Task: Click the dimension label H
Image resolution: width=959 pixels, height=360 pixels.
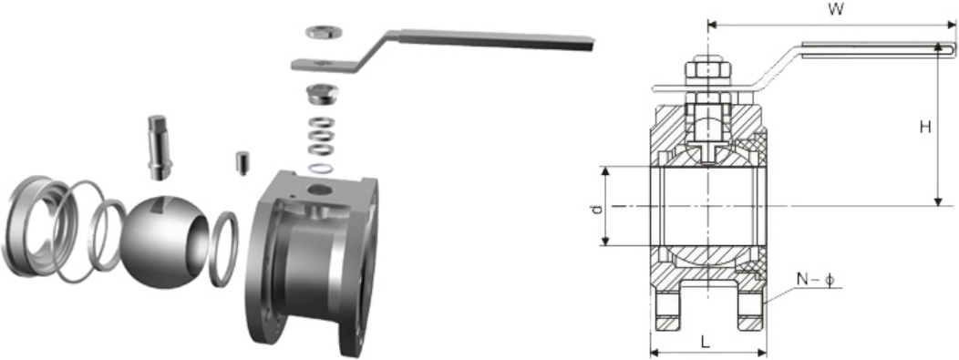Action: click(925, 127)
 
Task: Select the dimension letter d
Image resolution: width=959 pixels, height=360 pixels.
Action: click(598, 209)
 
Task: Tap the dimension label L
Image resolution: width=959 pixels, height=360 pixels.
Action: click(706, 342)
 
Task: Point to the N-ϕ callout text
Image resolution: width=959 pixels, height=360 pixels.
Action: click(815, 279)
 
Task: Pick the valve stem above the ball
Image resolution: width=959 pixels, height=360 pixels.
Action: click(159, 148)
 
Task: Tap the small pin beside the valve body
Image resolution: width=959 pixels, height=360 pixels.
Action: click(242, 163)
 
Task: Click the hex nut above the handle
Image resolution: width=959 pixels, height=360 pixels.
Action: click(323, 31)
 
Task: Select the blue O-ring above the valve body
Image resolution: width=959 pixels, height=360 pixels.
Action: click(321, 168)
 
